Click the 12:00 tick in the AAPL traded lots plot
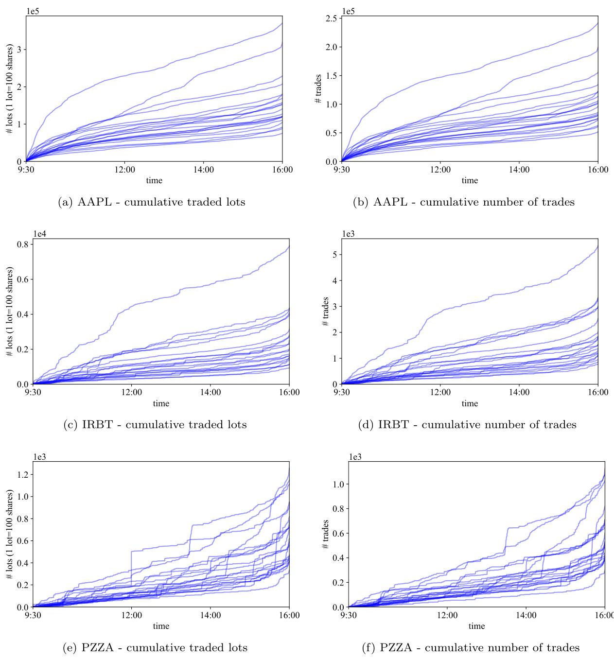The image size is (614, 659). pyautogui.click(x=124, y=170)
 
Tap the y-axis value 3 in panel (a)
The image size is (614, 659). pyautogui.click(x=21, y=50)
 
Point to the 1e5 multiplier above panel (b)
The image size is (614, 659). pyautogui.click(x=349, y=11)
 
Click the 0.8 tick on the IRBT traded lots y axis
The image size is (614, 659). pyautogui.click(x=23, y=244)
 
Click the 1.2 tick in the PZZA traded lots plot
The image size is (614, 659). pyautogui.click(x=23, y=475)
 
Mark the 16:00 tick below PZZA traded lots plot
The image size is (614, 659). pyautogui.click(x=289, y=615)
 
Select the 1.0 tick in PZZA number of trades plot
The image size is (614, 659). pyautogui.click(x=339, y=485)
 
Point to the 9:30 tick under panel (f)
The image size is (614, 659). pyautogui.click(x=349, y=615)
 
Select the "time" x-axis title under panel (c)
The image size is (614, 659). pyautogui.click(x=161, y=403)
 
